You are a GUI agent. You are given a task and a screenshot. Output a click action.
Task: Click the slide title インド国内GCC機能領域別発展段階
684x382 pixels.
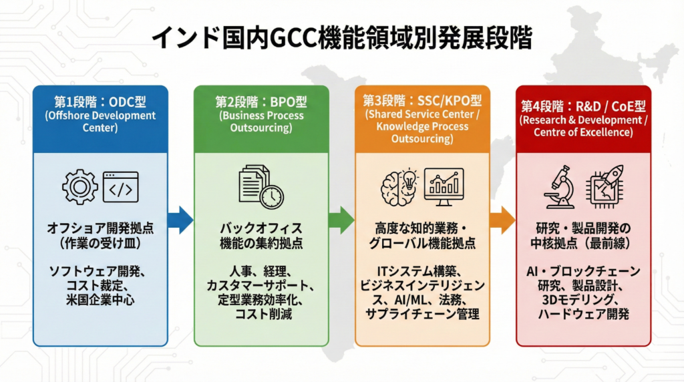click(x=342, y=37)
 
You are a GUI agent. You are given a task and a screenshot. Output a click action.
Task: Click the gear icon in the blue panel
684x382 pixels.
click(x=80, y=187)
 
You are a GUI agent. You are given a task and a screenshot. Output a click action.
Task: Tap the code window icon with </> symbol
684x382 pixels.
click(x=120, y=187)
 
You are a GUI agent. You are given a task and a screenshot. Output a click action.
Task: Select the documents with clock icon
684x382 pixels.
click(x=261, y=186)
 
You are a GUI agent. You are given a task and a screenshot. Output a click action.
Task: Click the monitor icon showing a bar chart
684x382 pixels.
click(x=444, y=187)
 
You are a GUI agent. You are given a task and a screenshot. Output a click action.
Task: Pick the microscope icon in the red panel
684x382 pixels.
click(x=559, y=187)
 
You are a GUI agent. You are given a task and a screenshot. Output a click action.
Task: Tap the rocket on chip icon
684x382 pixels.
click(x=605, y=186)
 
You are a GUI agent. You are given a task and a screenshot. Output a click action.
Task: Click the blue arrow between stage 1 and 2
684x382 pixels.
click(x=180, y=220)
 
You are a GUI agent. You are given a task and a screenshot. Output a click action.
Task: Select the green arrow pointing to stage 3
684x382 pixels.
click(x=341, y=220)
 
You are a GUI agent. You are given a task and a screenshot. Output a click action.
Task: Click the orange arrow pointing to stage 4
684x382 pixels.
click(x=502, y=220)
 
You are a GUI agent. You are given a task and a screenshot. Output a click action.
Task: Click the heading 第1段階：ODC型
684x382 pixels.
click(x=100, y=102)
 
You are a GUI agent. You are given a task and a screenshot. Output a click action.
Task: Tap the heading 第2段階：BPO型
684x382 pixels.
click(x=261, y=102)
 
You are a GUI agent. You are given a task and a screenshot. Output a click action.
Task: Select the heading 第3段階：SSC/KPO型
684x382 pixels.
click(x=422, y=101)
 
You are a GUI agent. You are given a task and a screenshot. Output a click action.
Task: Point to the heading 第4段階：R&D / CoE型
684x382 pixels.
click(x=583, y=106)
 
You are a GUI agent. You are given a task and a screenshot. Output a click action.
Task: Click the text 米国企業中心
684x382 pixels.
click(x=100, y=300)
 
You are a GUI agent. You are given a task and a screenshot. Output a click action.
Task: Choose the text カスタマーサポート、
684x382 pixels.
click(x=261, y=286)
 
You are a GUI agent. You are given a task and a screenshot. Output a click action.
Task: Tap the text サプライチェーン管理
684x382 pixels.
click(x=422, y=314)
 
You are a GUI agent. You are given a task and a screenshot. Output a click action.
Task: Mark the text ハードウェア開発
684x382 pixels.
click(x=583, y=314)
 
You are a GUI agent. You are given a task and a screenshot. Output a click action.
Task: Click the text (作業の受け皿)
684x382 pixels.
click(x=100, y=243)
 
